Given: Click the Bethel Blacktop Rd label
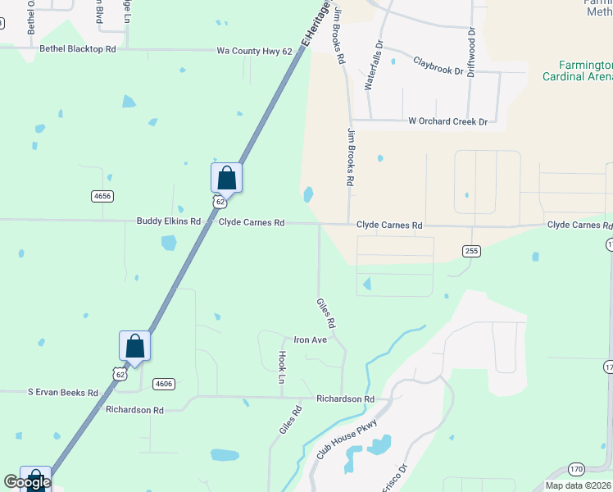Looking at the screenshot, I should (78, 50).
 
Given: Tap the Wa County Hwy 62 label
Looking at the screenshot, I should (254, 51).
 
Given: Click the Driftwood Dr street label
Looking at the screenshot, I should (471, 53).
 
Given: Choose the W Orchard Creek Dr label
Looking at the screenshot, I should (447, 121).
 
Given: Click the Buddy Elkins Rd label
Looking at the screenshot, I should (168, 221).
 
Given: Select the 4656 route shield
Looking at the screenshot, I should (102, 196).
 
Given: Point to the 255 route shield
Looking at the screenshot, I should (470, 251).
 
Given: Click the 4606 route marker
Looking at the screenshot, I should (164, 384).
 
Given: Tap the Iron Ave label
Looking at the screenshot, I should (311, 339).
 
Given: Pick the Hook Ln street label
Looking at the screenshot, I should (281, 368).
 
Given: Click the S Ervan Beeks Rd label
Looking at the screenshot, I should (63, 393).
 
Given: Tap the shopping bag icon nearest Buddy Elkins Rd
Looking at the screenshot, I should (226, 177).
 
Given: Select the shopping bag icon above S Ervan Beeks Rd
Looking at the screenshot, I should (135, 346).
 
